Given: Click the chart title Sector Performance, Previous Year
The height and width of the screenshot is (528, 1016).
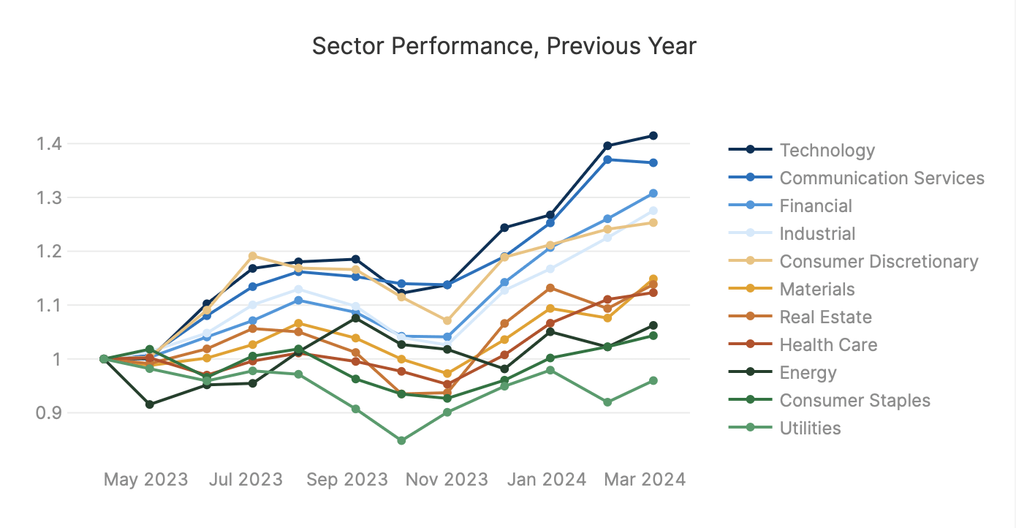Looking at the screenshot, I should [x=504, y=46].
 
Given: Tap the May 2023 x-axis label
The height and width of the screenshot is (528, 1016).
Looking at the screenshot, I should [x=145, y=480].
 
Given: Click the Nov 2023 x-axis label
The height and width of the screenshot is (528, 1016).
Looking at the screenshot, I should [x=447, y=480].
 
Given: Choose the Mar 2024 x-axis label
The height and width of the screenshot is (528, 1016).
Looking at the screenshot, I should [x=645, y=480].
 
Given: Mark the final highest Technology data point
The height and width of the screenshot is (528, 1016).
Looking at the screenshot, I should [x=653, y=136].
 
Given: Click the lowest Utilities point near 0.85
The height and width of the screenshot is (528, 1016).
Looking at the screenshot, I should [x=401, y=441].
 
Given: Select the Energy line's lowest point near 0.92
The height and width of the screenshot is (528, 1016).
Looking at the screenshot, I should [x=150, y=404].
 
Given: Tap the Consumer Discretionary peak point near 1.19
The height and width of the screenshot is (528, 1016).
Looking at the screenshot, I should [x=252, y=256].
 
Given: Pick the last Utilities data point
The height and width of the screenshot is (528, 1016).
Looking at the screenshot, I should [x=653, y=381].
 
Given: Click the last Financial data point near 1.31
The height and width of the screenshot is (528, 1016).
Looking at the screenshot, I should [x=653, y=194].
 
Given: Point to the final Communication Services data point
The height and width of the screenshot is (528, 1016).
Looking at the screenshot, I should [x=653, y=163].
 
